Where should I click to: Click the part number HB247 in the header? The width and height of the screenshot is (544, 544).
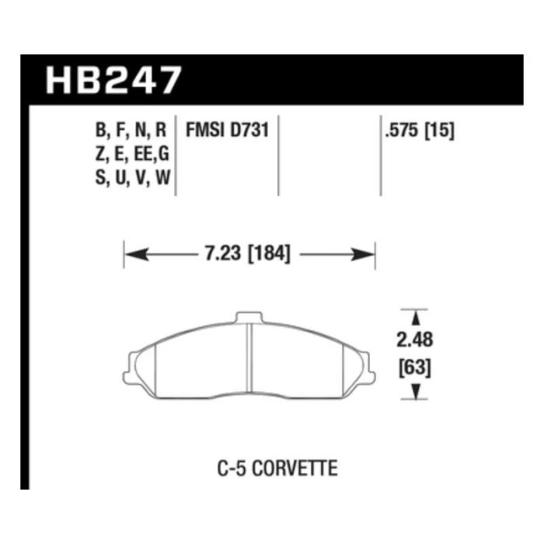click(x=113, y=80)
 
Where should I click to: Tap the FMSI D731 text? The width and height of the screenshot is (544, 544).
click(x=228, y=131)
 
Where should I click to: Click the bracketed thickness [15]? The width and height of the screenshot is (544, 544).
click(x=439, y=131)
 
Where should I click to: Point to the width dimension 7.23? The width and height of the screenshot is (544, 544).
click(x=222, y=253)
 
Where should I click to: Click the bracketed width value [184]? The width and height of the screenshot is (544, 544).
click(x=270, y=253)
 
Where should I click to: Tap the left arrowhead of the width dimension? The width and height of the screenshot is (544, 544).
click(x=137, y=254)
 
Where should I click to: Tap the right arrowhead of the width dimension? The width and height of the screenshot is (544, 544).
click(x=363, y=254)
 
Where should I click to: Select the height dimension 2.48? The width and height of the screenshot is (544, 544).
click(x=414, y=340)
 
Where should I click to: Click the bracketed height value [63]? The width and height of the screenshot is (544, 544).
click(x=415, y=368)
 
